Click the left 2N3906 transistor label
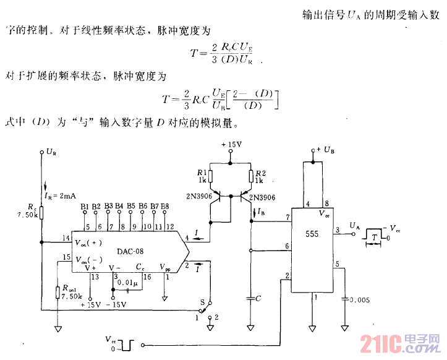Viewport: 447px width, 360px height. click(x=195, y=197)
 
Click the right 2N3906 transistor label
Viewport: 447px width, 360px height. click(x=265, y=198)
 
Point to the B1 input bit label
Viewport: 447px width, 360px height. click(x=84, y=205)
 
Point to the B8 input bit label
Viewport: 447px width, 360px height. click(x=164, y=205)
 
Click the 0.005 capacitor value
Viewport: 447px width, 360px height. click(x=359, y=299)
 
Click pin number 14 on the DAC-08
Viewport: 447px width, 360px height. click(x=66, y=238)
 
